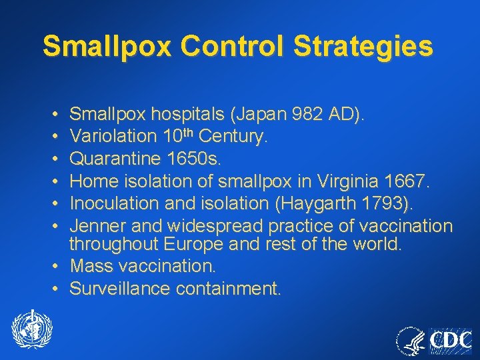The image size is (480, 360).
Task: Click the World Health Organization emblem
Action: (x=31, y=331)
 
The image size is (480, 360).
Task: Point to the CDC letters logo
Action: (x=450, y=341)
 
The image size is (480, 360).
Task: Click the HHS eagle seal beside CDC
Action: (x=411, y=341)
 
